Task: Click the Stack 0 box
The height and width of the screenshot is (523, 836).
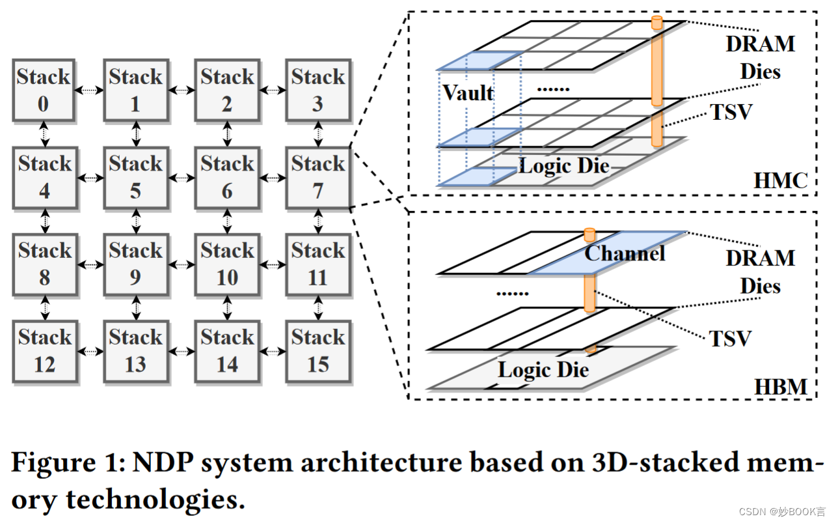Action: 44,91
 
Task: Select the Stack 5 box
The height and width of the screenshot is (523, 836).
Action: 135,177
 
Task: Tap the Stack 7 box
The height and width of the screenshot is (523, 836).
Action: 317,177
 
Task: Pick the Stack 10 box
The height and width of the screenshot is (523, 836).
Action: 226,264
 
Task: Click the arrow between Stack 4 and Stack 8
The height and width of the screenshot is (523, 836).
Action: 44,221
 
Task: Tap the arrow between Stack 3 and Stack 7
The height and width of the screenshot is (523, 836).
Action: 317,134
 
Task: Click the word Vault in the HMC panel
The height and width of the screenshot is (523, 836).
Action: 468,93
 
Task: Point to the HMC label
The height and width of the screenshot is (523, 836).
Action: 780,180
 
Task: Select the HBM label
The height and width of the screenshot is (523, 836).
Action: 780,387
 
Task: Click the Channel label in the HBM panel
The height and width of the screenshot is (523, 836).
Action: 625,253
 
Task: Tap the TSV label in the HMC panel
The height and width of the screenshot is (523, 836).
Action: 731,112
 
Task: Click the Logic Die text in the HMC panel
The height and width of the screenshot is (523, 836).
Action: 563,166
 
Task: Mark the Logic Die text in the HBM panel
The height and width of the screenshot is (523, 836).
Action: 543,371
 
